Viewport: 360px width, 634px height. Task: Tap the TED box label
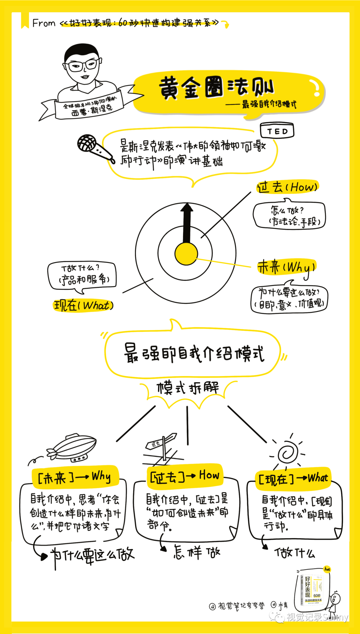tap(277, 131)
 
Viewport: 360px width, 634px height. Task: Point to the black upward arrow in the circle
tap(187, 222)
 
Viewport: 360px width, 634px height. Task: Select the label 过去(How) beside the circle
tap(287, 187)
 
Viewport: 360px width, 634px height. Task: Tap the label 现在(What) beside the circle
tap(83, 305)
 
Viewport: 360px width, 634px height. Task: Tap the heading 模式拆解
tap(188, 388)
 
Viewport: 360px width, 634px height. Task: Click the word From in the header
tap(44, 23)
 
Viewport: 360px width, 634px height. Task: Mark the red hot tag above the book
tap(327, 569)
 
